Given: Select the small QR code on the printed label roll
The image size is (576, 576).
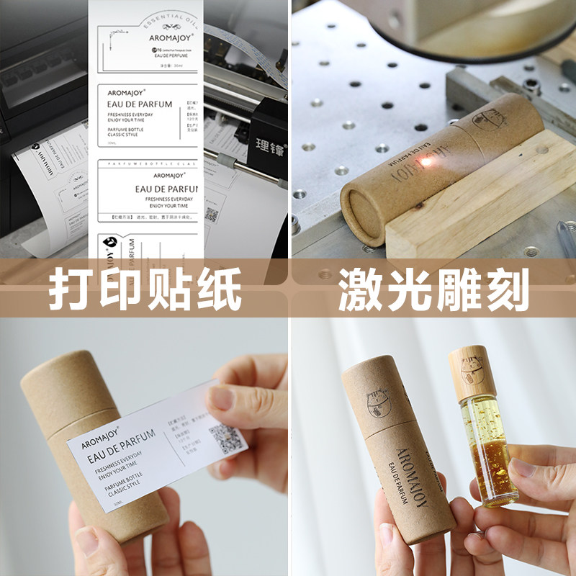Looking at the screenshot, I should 211,214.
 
